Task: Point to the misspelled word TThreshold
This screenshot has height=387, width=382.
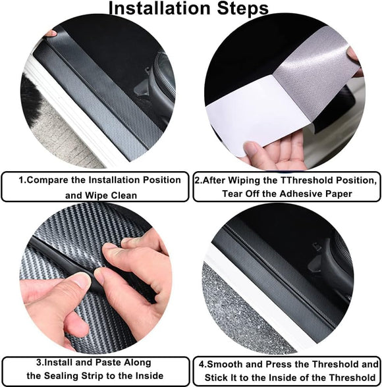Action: point(294,180)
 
